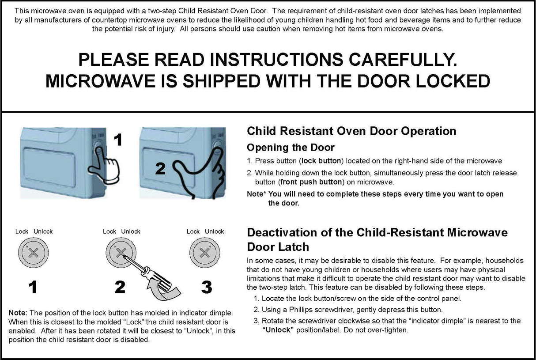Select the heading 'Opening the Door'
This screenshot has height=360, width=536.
291,148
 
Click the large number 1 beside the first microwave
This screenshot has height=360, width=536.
117,140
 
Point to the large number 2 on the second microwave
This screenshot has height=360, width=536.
161,168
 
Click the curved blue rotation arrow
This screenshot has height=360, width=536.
163,292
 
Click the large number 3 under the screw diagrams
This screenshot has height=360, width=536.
207,288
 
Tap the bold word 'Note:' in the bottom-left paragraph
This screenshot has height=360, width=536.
18,313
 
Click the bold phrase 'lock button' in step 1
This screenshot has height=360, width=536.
321,161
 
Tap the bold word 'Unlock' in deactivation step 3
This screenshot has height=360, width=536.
278,330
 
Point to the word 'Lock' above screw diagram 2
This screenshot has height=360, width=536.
109,231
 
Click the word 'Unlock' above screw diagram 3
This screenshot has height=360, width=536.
215,231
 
